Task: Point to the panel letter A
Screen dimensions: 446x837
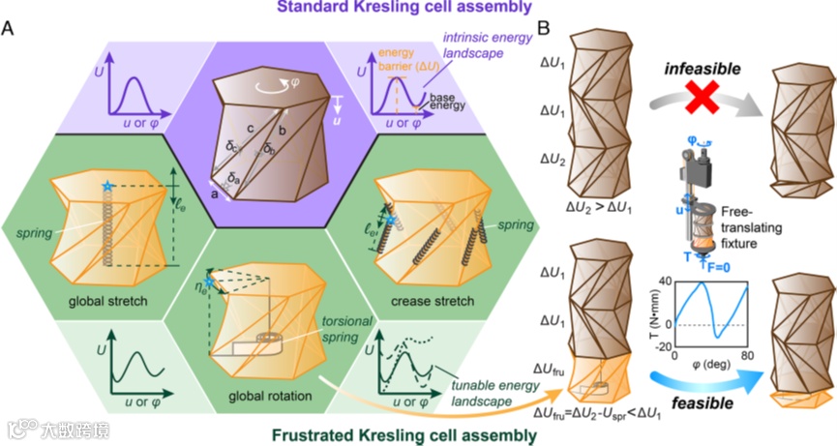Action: click(x=9, y=30)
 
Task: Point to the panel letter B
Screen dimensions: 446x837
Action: click(x=545, y=30)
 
